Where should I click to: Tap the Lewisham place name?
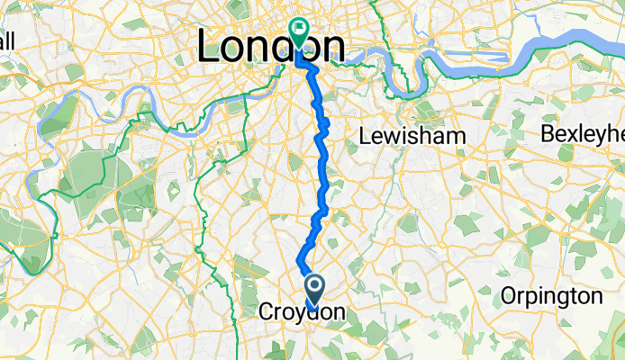[x=412, y=136]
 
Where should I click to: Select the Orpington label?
[x=551, y=297]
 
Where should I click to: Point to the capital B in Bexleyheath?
[x=548, y=134]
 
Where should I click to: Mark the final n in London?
[x=332, y=49]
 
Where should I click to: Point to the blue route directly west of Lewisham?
[x=322, y=137]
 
